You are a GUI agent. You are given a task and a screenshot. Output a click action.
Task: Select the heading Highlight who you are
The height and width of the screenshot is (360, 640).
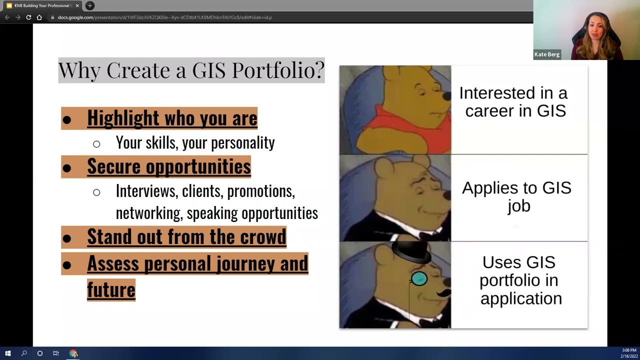(172, 118)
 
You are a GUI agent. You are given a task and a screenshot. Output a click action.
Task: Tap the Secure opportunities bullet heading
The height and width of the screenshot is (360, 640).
(168, 166)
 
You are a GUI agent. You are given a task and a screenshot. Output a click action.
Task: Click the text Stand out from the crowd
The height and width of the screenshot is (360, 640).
(186, 236)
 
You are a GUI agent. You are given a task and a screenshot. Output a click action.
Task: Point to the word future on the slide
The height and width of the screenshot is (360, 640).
(111, 289)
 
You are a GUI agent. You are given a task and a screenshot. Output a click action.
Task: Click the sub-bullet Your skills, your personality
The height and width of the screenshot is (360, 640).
(195, 143)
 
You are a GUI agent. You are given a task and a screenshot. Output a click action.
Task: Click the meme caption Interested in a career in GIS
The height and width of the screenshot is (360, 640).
(513, 101)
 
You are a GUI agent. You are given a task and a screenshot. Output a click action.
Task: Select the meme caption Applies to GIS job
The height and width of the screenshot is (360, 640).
(516, 196)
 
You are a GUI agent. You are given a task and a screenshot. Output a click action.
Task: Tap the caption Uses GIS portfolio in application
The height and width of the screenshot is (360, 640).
(519, 280)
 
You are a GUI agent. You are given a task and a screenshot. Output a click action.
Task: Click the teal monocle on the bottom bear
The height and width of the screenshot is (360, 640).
(419, 279)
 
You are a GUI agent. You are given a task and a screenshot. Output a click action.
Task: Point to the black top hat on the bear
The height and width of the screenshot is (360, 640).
(411, 253)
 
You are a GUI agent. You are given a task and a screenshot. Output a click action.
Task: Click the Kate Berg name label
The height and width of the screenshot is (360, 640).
(546, 54)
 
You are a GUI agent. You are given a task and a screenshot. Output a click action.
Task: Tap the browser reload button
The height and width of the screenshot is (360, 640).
(28, 17)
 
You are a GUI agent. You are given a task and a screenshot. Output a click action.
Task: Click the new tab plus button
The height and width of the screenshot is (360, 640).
(90, 5)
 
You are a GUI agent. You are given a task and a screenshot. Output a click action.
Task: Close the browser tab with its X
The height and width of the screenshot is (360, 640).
(77, 5)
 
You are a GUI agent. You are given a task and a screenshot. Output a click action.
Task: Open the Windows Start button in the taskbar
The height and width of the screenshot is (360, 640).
(7, 353)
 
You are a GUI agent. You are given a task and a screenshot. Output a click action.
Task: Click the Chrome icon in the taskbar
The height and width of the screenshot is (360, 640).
(73, 353)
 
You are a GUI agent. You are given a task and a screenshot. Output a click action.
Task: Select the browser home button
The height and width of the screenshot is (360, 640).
(39, 17)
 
